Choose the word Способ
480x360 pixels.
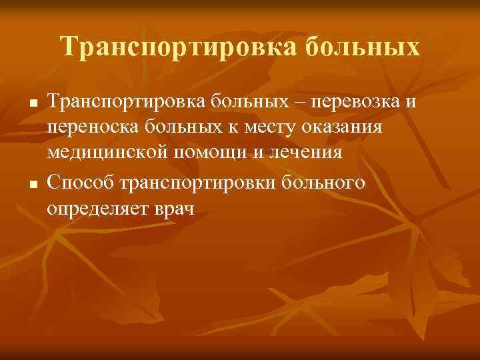(x=78, y=181)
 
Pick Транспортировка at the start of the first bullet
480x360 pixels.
(x=125, y=103)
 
